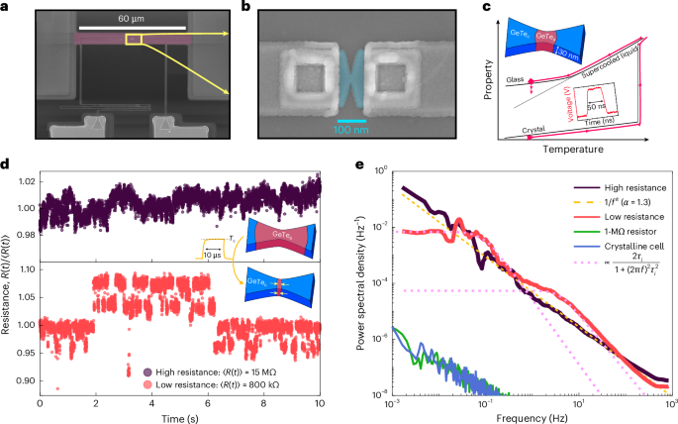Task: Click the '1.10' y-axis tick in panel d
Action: [27, 269]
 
